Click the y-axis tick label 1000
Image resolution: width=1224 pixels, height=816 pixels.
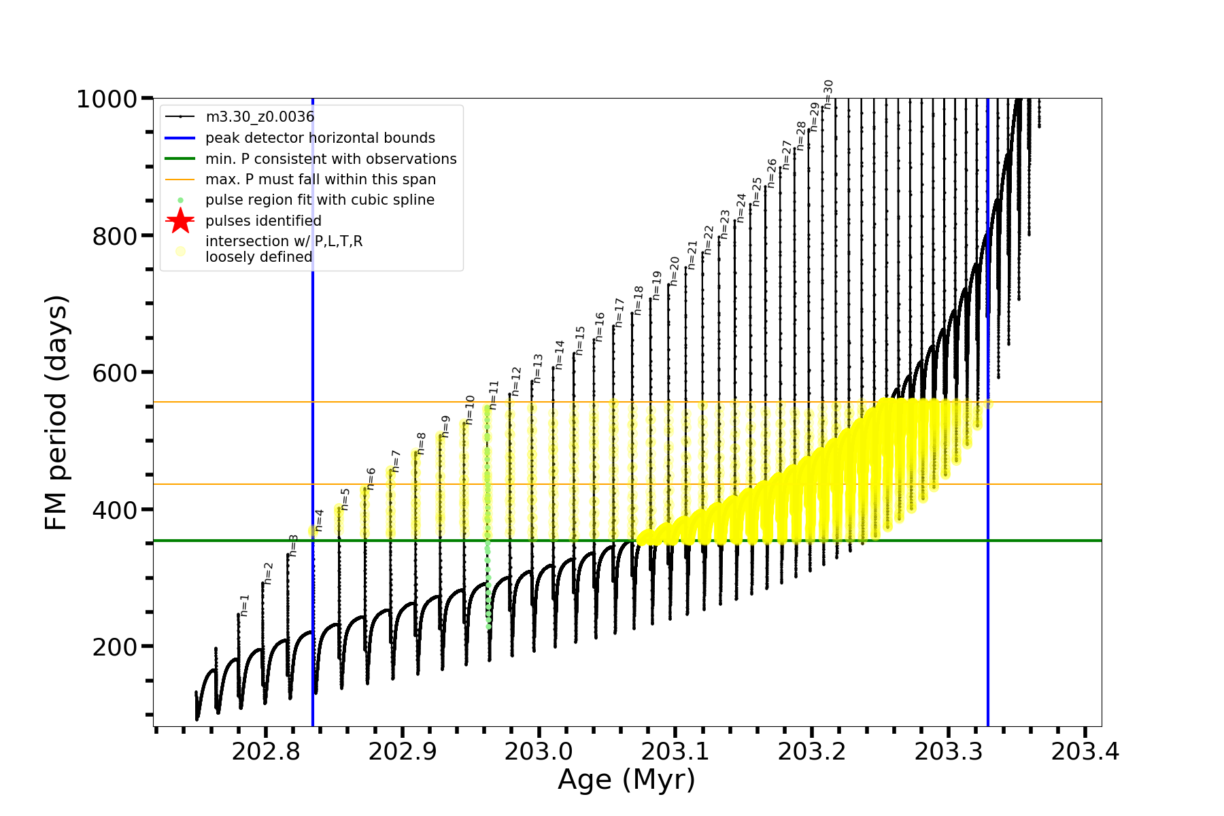tap(107, 99)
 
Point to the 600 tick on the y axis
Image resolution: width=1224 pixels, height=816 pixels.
tap(115, 373)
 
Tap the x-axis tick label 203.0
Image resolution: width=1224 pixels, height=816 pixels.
tap(539, 751)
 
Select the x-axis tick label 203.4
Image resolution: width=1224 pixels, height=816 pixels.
tap(1085, 751)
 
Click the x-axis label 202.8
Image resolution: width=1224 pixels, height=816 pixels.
tap(266, 751)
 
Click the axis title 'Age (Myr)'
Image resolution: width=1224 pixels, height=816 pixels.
tap(626, 779)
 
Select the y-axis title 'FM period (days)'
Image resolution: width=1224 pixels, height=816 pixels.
tap(56, 412)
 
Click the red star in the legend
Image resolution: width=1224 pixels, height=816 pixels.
tap(180, 220)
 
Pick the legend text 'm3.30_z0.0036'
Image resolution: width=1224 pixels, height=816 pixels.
tap(260, 117)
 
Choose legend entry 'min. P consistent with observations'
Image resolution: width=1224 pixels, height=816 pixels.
tap(330, 158)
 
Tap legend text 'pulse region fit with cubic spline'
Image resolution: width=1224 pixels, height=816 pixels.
tap(320, 200)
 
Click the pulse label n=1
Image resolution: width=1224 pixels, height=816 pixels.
tap(245, 605)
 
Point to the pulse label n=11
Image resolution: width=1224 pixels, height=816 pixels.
tap(494, 394)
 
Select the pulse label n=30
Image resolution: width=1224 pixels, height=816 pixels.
tap(828, 94)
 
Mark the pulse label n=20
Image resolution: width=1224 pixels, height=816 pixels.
tap(674, 271)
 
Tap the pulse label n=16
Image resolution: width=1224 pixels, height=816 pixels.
tap(599, 327)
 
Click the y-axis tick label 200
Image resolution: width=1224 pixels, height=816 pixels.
tap(115, 647)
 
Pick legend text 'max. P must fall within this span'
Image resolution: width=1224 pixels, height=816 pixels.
tap(320, 180)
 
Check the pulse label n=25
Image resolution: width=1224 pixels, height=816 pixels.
tap(757, 192)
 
